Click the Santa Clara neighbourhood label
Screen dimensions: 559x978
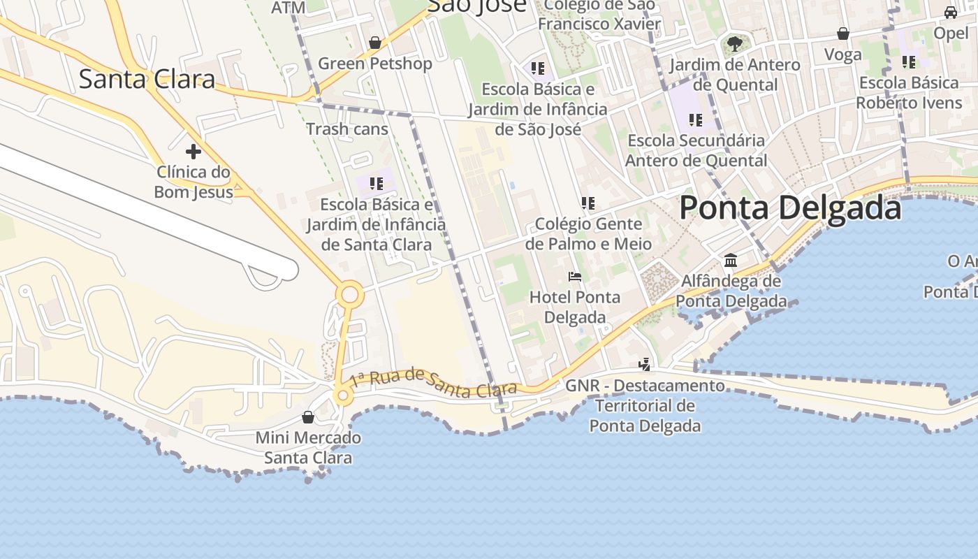pos(147,79)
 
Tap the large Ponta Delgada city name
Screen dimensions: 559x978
pos(790,208)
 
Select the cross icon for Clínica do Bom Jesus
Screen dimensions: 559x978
pos(194,151)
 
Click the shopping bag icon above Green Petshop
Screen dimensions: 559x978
pos(375,43)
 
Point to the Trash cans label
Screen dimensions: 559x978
pos(346,129)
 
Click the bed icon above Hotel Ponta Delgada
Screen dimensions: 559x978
pos(575,277)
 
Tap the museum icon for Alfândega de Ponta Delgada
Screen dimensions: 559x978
pos(731,261)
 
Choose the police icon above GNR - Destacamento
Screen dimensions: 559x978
pos(645,364)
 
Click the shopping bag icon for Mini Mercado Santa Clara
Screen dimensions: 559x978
pos(308,417)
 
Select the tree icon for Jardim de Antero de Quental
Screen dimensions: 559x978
pos(734,44)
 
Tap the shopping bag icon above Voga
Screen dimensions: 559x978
pos(843,34)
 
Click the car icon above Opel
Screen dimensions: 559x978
pos(951,13)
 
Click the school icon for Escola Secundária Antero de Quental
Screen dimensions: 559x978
pos(695,119)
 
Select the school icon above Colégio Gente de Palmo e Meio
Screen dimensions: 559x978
pos(588,203)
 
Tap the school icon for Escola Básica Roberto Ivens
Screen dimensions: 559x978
pos(909,62)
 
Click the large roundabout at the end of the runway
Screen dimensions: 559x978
pos(349,295)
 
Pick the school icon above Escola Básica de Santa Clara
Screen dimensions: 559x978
pos(377,184)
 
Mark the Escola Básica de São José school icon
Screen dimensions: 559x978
pos(537,68)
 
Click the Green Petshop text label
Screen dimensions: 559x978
pos(375,64)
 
